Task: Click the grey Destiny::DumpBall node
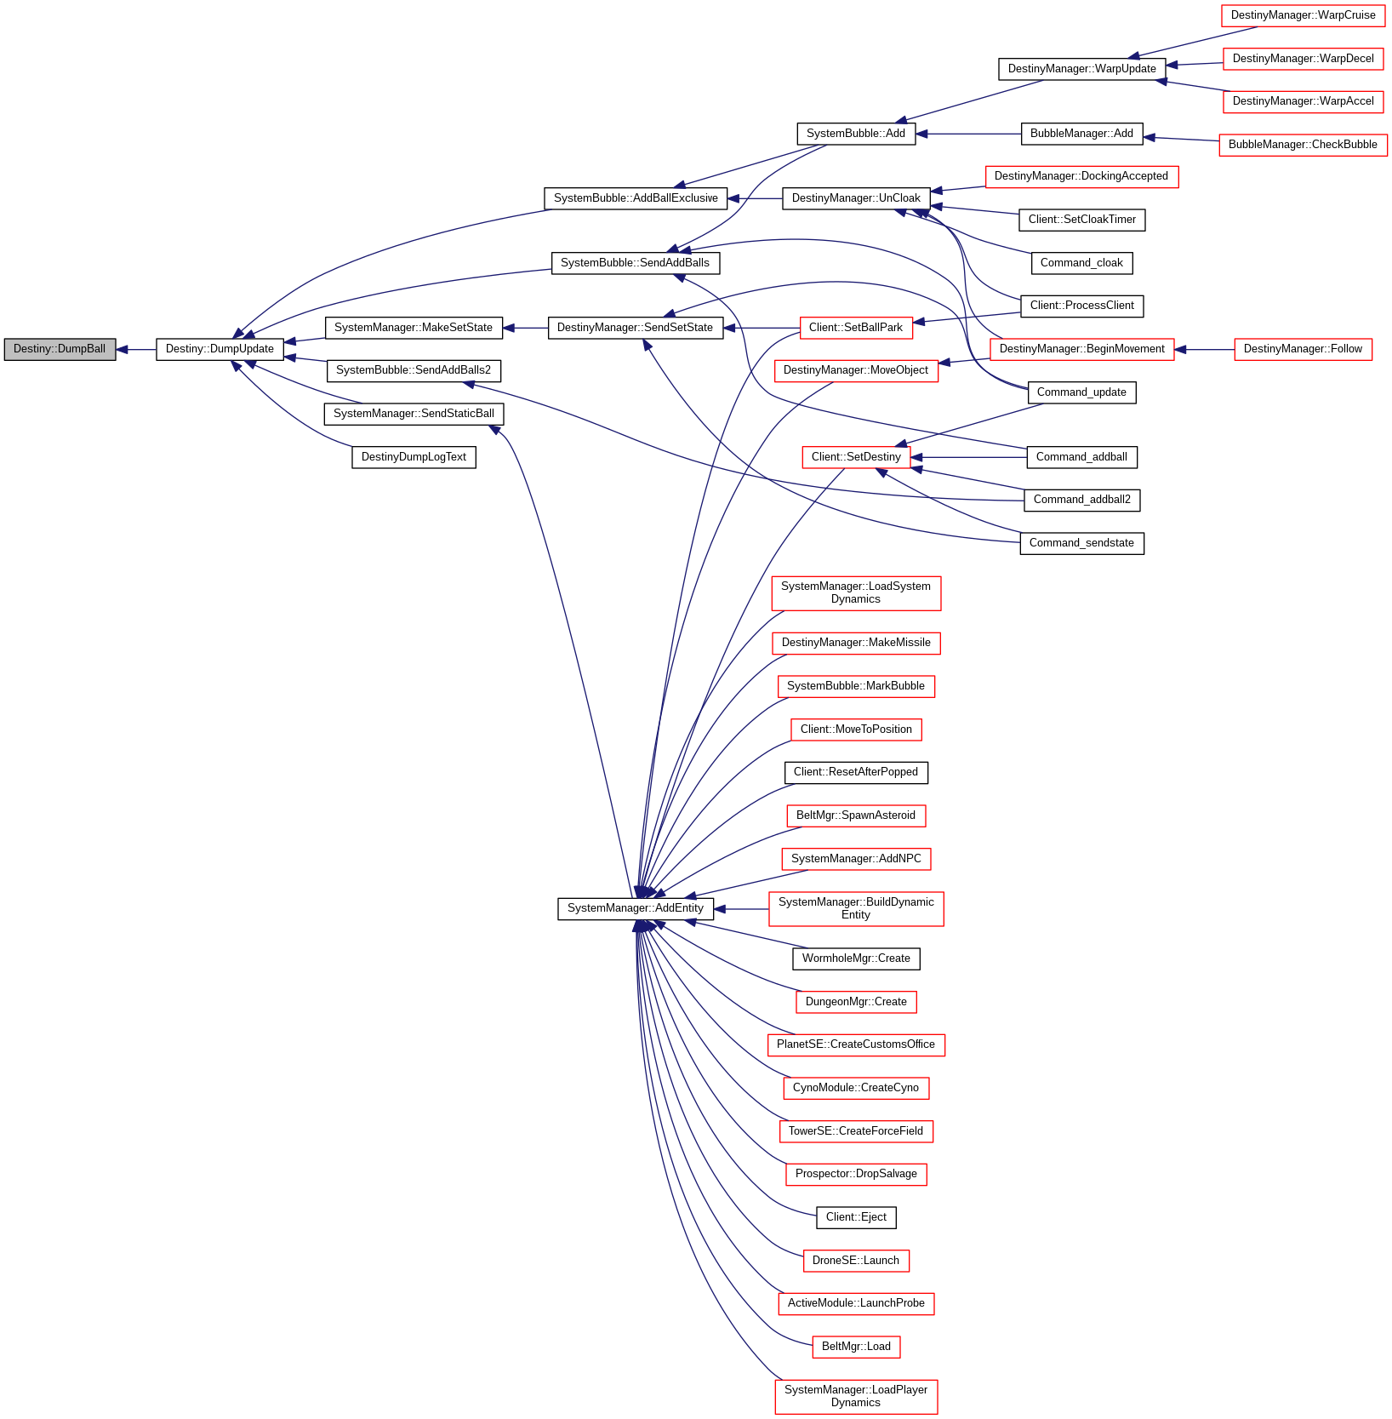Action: (x=60, y=349)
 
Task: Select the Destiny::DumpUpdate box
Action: (x=220, y=349)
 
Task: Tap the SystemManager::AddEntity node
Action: (x=635, y=908)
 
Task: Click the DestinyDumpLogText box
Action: (x=414, y=457)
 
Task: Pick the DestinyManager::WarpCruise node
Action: (x=1303, y=15)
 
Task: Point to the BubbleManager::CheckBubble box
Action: (x=1303, y=145)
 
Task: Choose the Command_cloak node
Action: (x=1081, y=263)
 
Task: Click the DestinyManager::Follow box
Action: (x=1303, y=349)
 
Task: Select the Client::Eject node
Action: (x=856, y=1217)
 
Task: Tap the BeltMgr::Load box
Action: (x=856, y=1347)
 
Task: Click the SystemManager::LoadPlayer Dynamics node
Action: (x=856, y=1396)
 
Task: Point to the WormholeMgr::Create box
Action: (x=856, y=958)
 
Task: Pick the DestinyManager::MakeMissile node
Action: (x=856, y=643)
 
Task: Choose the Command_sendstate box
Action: (x=1081, y=543)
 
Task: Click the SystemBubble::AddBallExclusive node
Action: (x=636, y=198)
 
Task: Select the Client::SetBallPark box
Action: (x=856, y=328)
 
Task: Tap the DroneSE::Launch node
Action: (x=856, y=1261)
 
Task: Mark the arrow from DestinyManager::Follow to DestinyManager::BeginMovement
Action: (x=1204, y=349)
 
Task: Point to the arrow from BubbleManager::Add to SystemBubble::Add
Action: (x=968, y=134)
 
